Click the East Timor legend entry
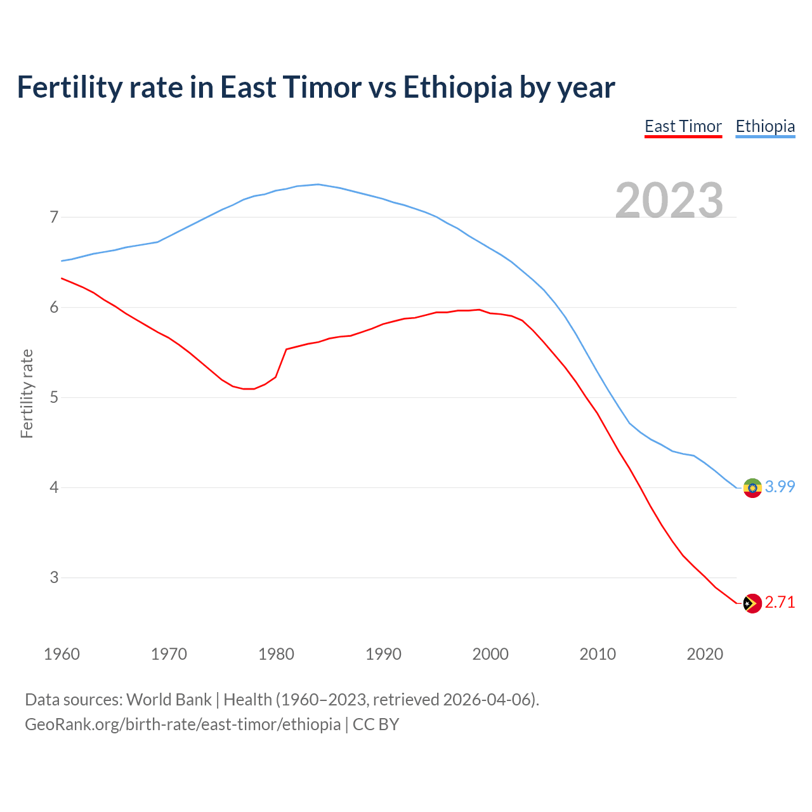(x=683, y=126)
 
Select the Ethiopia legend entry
(x=765, y=126)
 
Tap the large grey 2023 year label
(x=669, y=200)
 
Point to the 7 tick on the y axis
(x=54, y=218)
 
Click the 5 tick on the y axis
(x=54, y=398)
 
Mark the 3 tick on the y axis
(x=54, y=578)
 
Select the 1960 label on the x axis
(x=62, y=654)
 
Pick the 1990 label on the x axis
(x=383, y=654)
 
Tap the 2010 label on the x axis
(x=598, y=654)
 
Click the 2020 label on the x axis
(x=705, y=654)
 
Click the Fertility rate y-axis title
(x=27, y=393)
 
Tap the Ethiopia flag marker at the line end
(x=752, y=488)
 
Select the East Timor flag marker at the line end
(x=752, y=603)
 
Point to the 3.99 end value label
(x=780, y=487)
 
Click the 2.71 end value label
(x=780, y=602)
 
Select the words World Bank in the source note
(x=169, y=700)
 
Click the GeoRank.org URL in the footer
(x=183, y=724)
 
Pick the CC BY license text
(x=376, y=724)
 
